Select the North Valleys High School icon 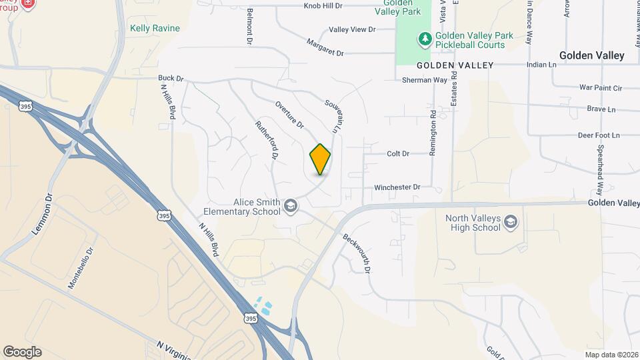tap(510, 222)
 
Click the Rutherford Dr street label tap(267, 139)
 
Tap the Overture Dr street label tap(289, 115)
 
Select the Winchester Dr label tap(397, 187)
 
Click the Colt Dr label tap(397, 153)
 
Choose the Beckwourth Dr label tap(357, 253)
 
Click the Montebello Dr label tap(81, 267)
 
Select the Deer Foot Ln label tap(598, 135)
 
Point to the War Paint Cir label tap(600, 87)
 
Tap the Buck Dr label tap(171, 78)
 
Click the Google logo tap(22, 351)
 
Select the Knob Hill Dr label tap(323, 5)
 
